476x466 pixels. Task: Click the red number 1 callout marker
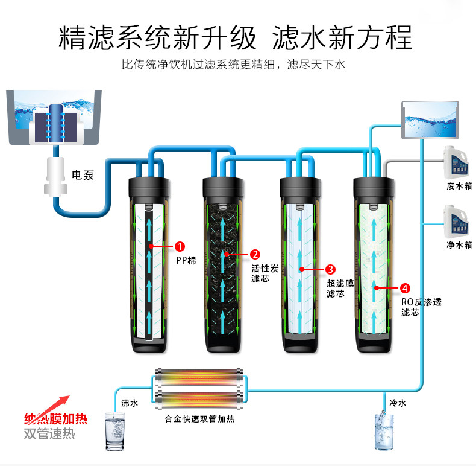(180, 246)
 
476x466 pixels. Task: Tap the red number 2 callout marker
(255, 254)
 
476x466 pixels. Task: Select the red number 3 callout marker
(330, 269)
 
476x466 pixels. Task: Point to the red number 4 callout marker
(405, 288)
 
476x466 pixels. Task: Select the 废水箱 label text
(459, 185)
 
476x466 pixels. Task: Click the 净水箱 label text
(459, 244)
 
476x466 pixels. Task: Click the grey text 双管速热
(49, 434)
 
